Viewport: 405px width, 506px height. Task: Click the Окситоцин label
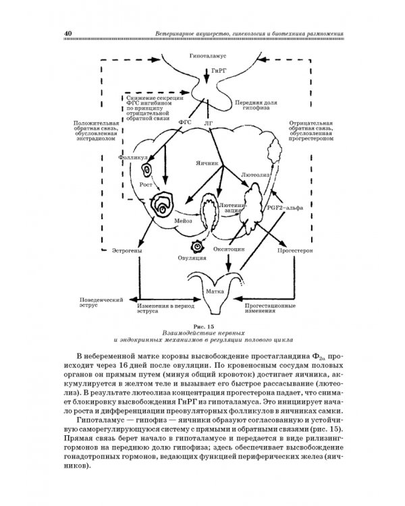(228, 249)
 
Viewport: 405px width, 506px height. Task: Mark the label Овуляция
(192, 258)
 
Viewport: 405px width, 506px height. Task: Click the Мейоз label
(184, 220)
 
